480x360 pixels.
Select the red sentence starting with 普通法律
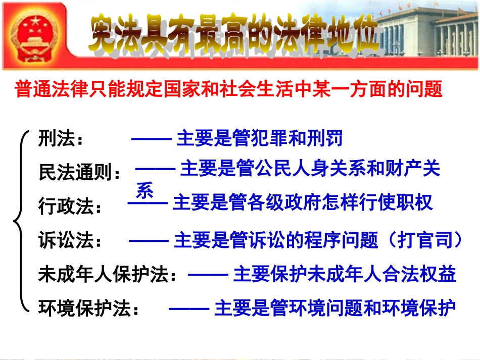tap(229, 89)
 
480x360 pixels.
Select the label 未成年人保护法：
tap(109, 274)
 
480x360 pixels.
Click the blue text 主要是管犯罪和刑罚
tap(259, 138)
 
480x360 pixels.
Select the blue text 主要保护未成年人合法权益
tap(345, 274)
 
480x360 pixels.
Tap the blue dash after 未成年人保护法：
tap(208, 274)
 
